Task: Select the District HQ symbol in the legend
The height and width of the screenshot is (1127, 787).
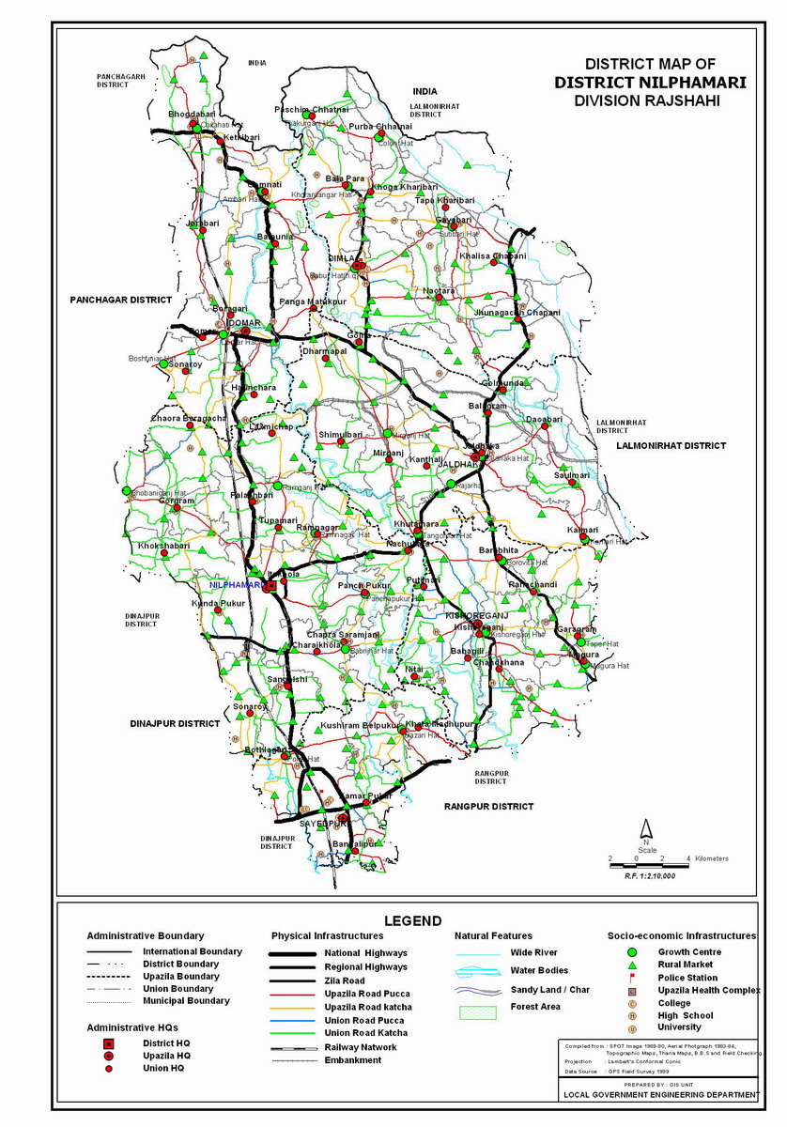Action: pyautogui.click(x=109, y=1043)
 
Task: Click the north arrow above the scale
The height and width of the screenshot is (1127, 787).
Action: pyautogui.click(x=646, y=829)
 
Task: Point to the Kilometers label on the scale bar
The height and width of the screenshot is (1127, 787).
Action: pyautogui.click(x=712, y=858)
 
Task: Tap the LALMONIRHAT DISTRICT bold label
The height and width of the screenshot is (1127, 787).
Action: pyautogui.click(x=671, y=446)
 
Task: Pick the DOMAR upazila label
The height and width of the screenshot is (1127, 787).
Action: pyautogui.click(x=243, y=322)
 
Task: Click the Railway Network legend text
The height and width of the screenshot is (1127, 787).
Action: pyautogui.click(x=361, y=1047)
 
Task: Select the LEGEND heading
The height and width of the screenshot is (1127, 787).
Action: pyautogui.click(x=412, y=920)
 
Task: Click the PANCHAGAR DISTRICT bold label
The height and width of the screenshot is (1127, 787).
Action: pyautogui.click(x=120, y=300)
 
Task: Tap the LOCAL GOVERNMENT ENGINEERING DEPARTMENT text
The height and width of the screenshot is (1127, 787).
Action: pyautogui.click(x=660, y=1095)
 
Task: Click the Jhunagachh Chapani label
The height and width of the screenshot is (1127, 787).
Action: pyautogui.click(x=517, y=313)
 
